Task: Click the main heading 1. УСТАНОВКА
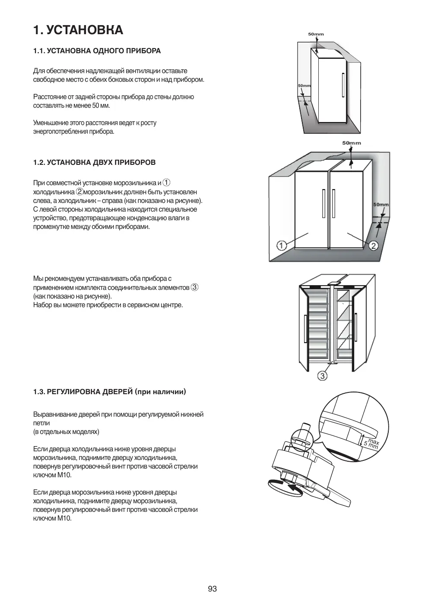pyautogui.click(x=78, y=30)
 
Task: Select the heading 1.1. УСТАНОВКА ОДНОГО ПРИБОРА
pyautogui.click(x=97, y=51)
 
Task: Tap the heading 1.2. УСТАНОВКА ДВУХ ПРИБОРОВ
pyautogui.click(x=94, y=163)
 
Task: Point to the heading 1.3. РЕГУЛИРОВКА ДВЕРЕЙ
pyautogui.click(x=109, y=392)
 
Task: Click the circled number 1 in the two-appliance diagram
pyautogui.click(x=281, y=246)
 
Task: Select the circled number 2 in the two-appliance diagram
pyautogui.click(x=373, y=246)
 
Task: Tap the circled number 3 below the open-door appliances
pyautogui.click(x=322, y=376)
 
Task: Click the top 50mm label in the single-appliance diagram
pyautogui.click(x=315, y=34)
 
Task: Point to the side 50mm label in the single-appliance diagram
pyautogui.click(x=304, y=86)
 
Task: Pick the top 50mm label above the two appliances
pyautogui.click(x=352, y=143)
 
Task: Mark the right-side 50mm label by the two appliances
pyautogui.click(x=381, y=205)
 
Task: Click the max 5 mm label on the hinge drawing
pyautogui.click(x=371, y=443)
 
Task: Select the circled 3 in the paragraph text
pyautogui.click(x=195, y=287)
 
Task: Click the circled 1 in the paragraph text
pyautogui.click(x=166, y=183)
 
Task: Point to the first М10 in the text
pyautogui.click(x=64, y=475)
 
